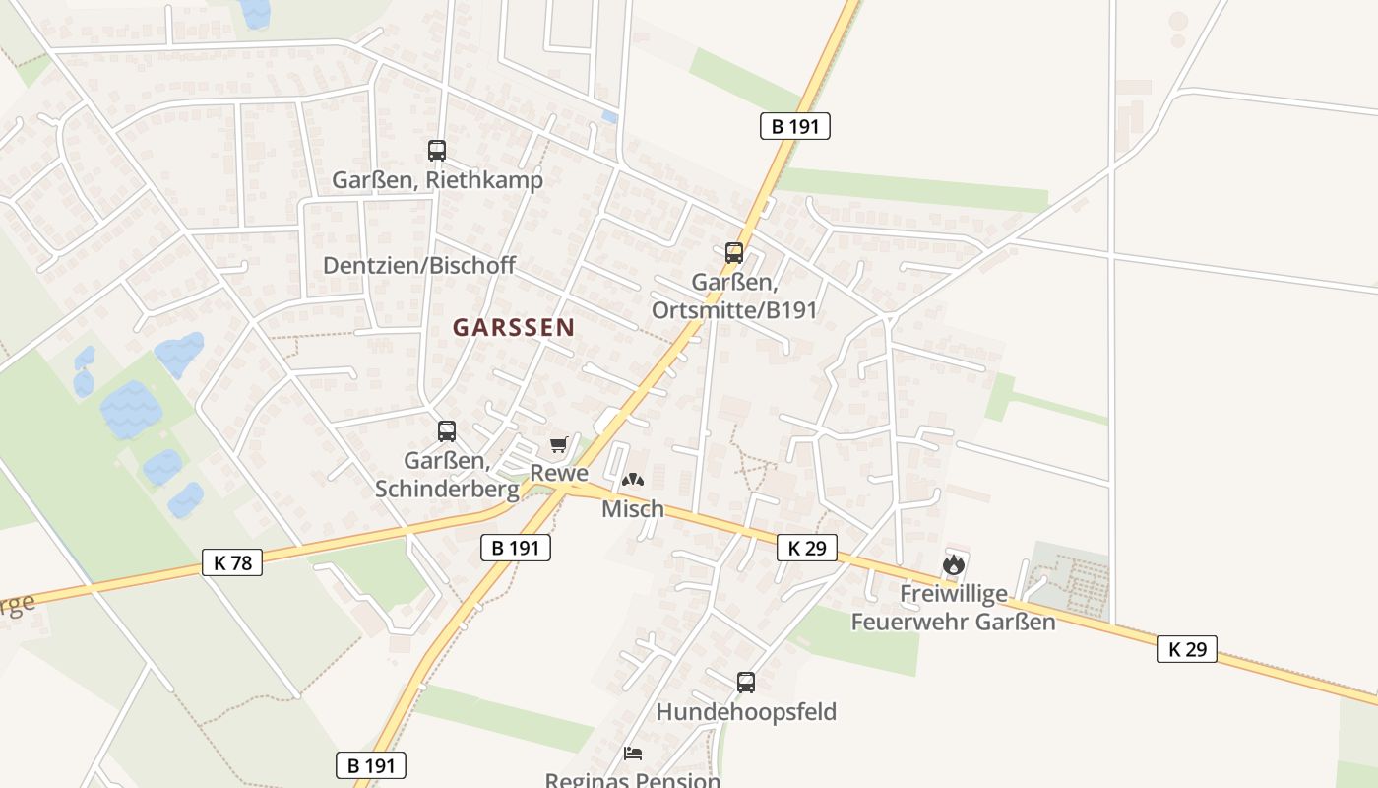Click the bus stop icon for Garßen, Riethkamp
tap(437, 151)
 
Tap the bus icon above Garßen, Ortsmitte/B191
tap(734, 253)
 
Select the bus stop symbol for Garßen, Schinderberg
tap(447, 431)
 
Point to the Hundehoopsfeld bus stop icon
tap(746, 683)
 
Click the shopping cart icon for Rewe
tap(559, 446)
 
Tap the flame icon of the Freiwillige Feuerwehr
tap(953, 565)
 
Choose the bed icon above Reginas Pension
tap(634, 754)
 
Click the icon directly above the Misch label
tap(632, 481)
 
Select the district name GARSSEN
tap(514, 328)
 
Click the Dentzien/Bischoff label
tap(419, 266)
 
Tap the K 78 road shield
tap(232, 562)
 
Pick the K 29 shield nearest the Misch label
tap(807, 548)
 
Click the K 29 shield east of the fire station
tap(1187, 649)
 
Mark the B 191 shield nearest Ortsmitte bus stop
tap(795, 126)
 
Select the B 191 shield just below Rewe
tap(516, 548)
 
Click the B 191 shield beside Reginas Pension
tap(371, 765)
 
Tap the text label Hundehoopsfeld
tap(746, 712)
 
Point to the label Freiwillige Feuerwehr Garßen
tap(953, 608)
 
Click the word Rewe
tap(559, 473)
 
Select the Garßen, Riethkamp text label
tap(437, 181)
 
